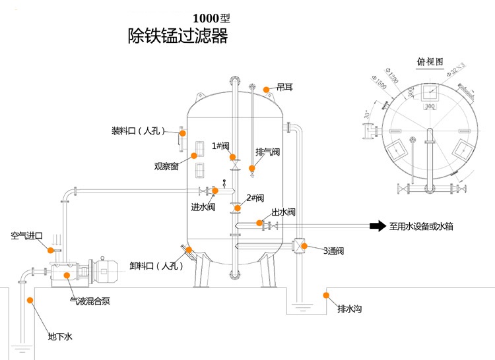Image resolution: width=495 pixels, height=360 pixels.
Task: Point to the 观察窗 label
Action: point(166,166)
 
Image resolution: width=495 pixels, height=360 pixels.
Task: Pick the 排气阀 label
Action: point(268,152)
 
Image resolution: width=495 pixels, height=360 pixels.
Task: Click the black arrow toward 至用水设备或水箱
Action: point(377,226)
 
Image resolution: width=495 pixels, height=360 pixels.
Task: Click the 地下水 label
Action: point(59,337)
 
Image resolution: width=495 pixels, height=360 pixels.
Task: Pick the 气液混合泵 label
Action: point(89,301)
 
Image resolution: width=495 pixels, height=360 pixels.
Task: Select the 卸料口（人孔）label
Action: point(155,266)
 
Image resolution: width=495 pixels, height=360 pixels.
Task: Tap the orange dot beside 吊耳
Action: point(267,89)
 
